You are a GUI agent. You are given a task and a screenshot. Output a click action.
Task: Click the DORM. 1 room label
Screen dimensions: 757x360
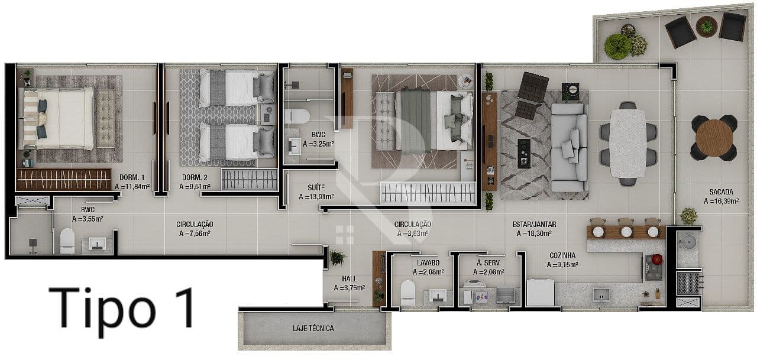point(132,177)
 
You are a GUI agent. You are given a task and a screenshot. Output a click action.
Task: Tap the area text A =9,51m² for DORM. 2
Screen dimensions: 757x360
point(195,186)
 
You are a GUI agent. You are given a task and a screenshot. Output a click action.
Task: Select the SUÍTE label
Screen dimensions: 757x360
point(316,187)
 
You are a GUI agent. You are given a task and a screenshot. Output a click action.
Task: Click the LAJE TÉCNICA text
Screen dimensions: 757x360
point(313,328)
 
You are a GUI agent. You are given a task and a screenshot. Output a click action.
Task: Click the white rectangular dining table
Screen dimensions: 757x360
point(628,143)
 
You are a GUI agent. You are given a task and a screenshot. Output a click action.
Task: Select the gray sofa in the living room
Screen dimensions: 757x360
point(569,148)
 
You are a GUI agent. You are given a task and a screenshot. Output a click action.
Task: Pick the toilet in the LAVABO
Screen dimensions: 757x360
point(407,293)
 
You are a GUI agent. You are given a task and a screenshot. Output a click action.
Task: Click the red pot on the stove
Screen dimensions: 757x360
point(656,260)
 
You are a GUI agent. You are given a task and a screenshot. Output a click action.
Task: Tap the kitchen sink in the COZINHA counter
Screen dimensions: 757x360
point(601,295)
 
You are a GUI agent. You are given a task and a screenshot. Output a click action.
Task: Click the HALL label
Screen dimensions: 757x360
point(349,279)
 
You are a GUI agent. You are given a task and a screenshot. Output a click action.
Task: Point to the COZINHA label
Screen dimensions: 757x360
point(562,255)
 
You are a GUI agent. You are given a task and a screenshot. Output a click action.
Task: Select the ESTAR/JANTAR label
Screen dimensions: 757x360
point(534,224)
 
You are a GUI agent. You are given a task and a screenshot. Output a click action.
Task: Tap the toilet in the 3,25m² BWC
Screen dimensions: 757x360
point(297,116)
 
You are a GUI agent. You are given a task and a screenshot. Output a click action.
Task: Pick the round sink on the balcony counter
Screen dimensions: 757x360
point(687,241)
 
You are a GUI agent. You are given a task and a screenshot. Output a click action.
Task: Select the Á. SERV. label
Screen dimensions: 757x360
point(489,262)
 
